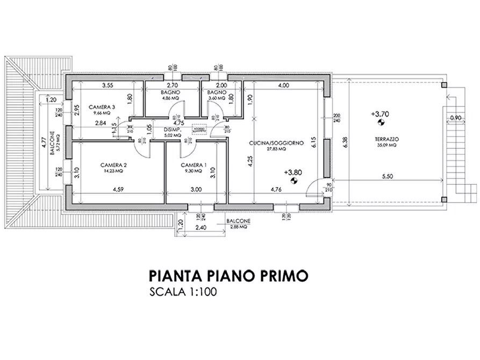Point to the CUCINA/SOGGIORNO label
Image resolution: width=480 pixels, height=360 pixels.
[277, 143]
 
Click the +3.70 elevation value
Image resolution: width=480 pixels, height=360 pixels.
[380, 113]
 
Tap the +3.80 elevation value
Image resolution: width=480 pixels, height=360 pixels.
[292, 173]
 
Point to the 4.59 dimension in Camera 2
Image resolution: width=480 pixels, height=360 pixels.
[119, 189]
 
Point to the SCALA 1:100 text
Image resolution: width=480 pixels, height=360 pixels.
[184, 293]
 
